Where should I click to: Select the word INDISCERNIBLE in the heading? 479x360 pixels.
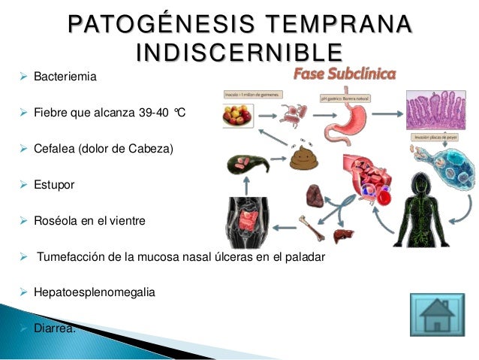pyautogui.click(x=239, y=53)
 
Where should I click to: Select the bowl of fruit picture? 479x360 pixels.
pyautogui.click(x=239, y=116)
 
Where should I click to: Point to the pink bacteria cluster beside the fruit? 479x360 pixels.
pyautogui.click(x=289, y=113)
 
